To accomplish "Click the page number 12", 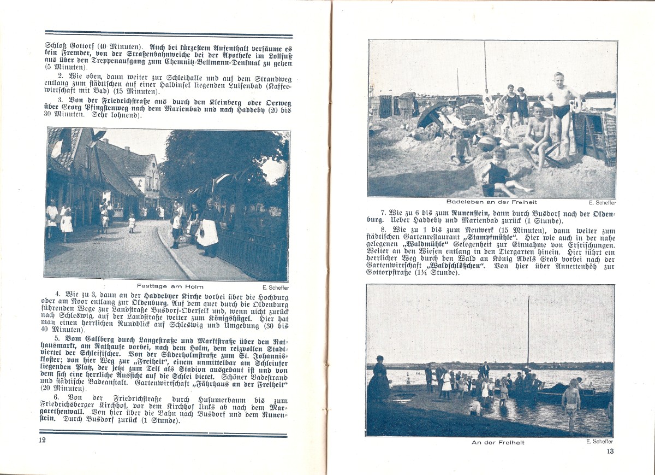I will click(x=42, y=441).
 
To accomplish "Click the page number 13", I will click(x=610, y=451).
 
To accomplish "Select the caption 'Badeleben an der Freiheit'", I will click(x=491, y=202).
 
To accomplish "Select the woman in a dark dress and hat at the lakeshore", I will click(x=379, y=380).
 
